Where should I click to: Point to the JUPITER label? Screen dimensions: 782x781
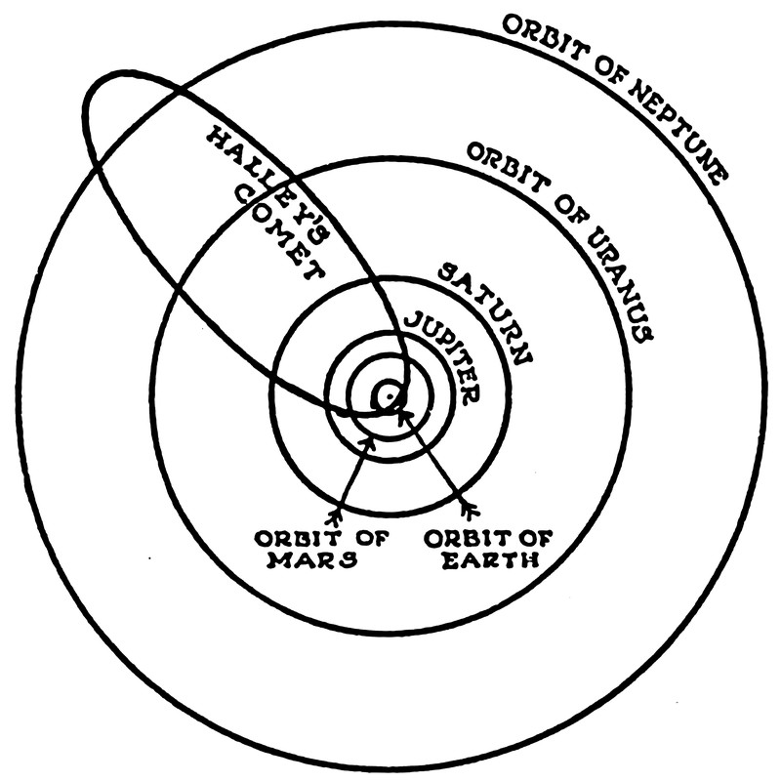(443, 356)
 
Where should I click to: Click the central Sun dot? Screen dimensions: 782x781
(389, 394)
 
